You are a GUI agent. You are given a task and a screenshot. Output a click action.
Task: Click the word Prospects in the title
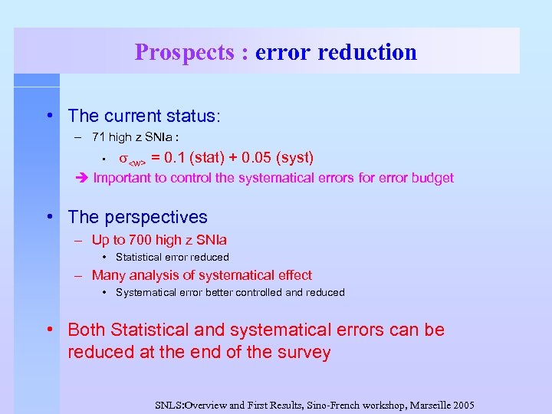[184, 52]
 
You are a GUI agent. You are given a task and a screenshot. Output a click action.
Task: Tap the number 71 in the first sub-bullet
[98, 137]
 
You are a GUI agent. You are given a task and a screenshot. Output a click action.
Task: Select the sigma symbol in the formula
[123, 159]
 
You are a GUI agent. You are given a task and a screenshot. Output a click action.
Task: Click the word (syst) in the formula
[295, 158]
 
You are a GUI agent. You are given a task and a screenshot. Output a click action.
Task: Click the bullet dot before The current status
[49, 116]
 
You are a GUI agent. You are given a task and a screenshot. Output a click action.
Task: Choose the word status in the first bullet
[195, 116]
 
